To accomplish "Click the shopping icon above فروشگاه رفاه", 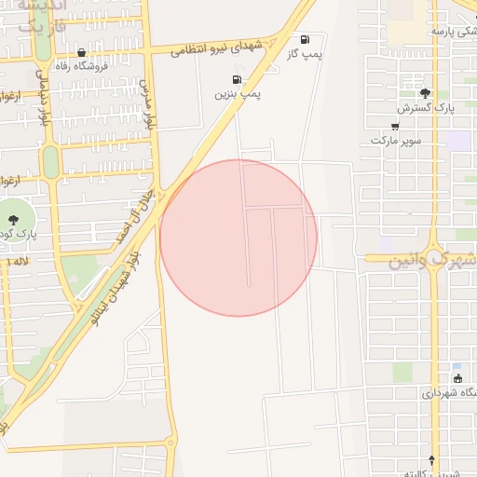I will (x=82, y=52).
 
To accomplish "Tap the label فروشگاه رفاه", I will (x=82, y=66).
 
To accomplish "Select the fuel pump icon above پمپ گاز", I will (x=305, y=39).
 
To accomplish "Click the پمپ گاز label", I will (x=305, y=54).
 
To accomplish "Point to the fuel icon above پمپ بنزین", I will (x=238, y=79).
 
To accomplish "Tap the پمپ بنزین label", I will (x=238, y=94).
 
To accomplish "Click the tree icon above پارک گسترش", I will (x=426, y=93).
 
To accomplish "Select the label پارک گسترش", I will (x=418, y=108).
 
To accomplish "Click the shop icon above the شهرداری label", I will (x=457, y=378).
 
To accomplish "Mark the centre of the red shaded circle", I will (x=238, y=238).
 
